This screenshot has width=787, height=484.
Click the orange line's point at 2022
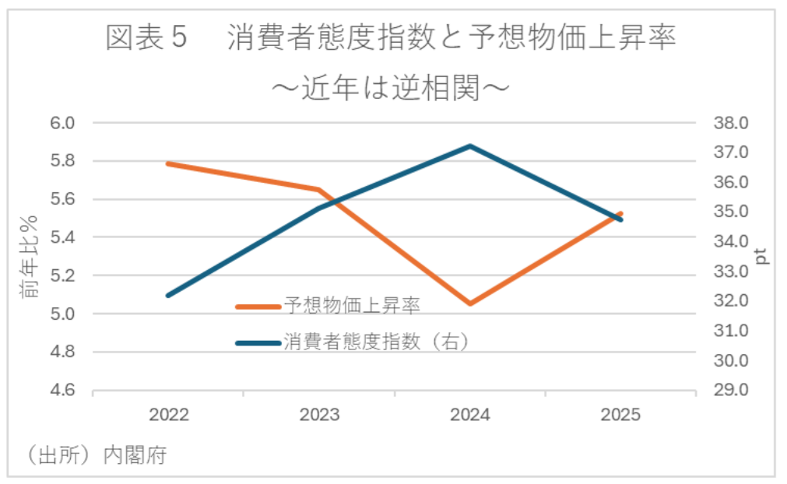point(168,163)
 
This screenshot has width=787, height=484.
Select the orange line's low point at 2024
point(470,303)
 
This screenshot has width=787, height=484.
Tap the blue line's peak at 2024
point(470,146)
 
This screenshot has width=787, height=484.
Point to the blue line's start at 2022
point(168,296)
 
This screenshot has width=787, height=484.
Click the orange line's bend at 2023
point(319,189)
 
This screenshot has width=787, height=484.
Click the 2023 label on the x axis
point(319,415)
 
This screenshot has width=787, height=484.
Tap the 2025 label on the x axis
point(620,415)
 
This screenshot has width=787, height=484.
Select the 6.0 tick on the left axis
point(63,123)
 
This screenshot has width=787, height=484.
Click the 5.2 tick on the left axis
point(63,276)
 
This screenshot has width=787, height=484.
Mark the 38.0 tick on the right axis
point(729,123)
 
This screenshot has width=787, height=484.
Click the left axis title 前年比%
point(30,257)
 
